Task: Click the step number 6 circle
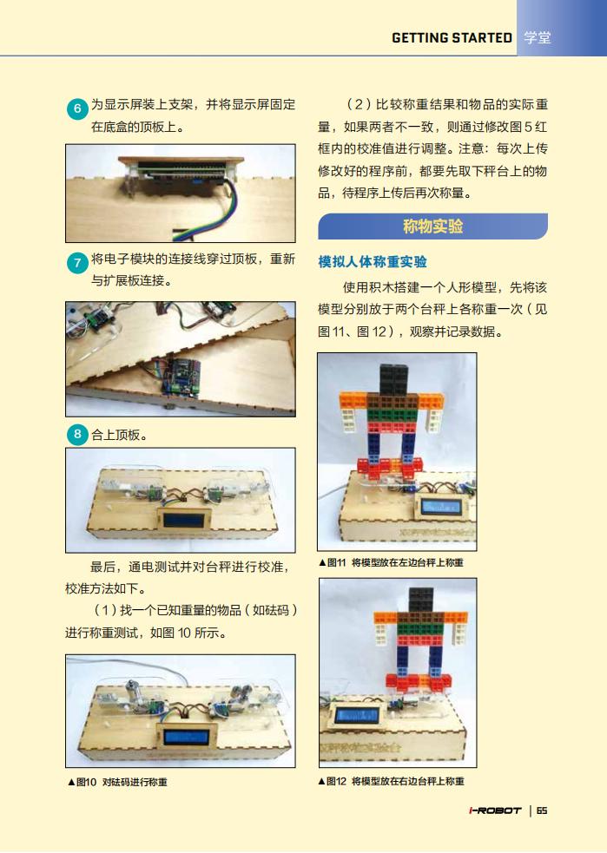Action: pos(77,108)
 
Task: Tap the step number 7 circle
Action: pos(77,263)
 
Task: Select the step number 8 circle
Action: pos(77,434)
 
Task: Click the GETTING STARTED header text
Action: pos(452,37)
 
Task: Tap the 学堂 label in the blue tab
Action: pos(538,37)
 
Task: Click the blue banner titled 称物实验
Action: pos(432,226)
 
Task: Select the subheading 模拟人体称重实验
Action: pos(373,262)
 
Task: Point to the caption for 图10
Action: pos(117,782)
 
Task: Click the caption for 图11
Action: pos(391,562)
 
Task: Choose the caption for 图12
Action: pos(391,781)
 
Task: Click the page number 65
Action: pos(542,810)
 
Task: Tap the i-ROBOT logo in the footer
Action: pos(495,810)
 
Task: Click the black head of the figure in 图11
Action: pos(394,378)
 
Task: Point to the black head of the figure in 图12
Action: pos(421,599)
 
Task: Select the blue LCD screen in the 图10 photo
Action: pos(186,737)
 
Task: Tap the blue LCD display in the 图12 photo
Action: pos(358,714)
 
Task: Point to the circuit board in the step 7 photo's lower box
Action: pos(183,375)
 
